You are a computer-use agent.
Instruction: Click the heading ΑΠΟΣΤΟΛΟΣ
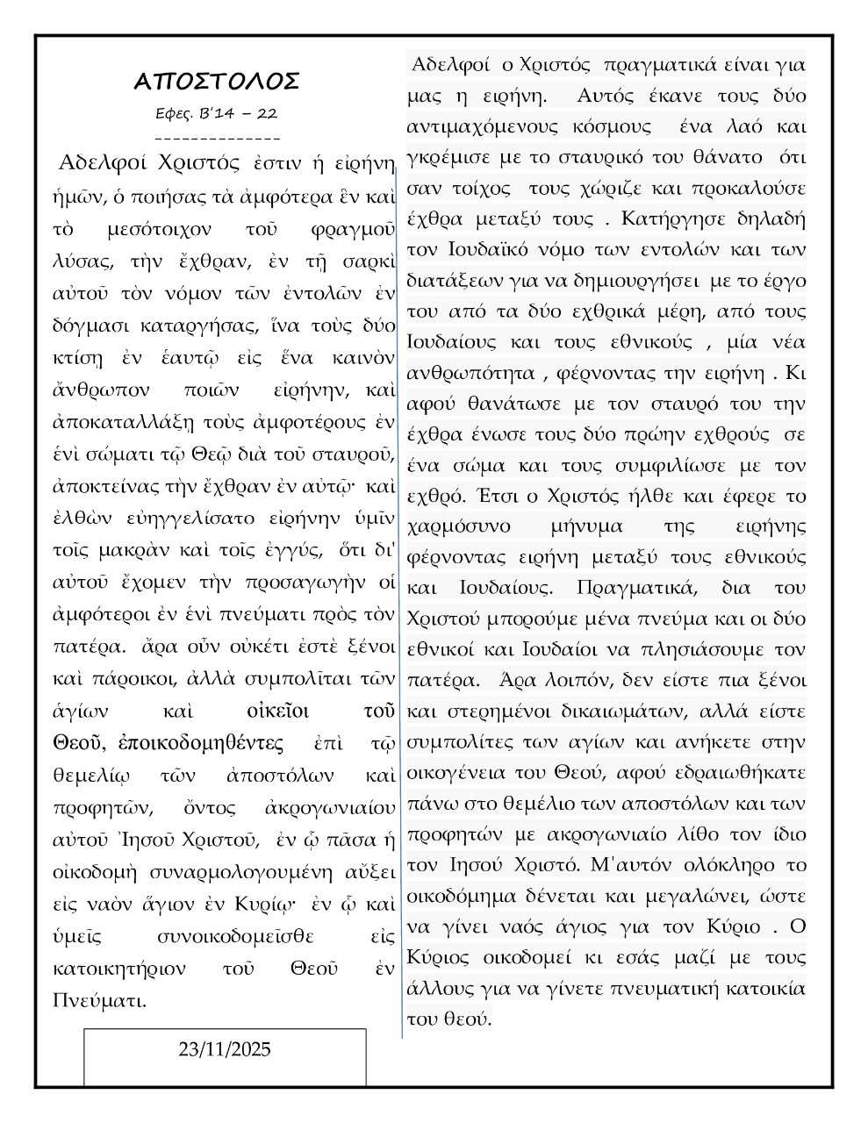tap(217, 82)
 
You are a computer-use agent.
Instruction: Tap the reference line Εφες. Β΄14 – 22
tap(217, 113)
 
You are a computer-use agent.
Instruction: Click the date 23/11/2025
tap(225, 1049)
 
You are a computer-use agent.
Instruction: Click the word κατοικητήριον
tap(119, 969)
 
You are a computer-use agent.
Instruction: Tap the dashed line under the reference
tap(217, 138)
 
